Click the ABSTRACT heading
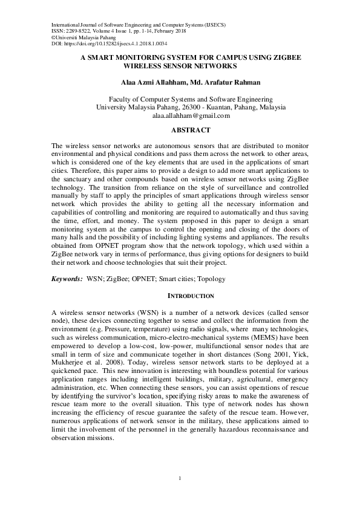pyautogui.click(x=191, y=130)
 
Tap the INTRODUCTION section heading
pyautogui.click(x=191, y=296)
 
